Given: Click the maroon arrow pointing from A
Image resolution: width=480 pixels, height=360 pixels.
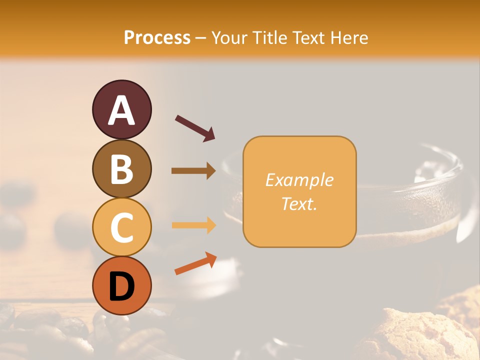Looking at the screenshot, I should (195, 128).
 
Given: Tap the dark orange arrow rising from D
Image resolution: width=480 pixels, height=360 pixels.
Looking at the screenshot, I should (195, 264).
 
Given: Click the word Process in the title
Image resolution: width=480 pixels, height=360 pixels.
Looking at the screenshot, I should (157, 38).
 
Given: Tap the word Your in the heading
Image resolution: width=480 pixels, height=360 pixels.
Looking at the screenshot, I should (229, 38).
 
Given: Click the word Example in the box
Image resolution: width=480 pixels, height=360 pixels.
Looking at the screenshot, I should (299, 180).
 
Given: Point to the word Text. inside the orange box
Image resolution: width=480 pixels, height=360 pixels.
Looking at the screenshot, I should (299, 203).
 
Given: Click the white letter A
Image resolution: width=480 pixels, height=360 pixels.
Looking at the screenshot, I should (121, 110).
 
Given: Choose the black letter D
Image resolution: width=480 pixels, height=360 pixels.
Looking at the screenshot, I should (121, 287).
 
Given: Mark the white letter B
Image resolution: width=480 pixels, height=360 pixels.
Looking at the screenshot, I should (121, 169).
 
